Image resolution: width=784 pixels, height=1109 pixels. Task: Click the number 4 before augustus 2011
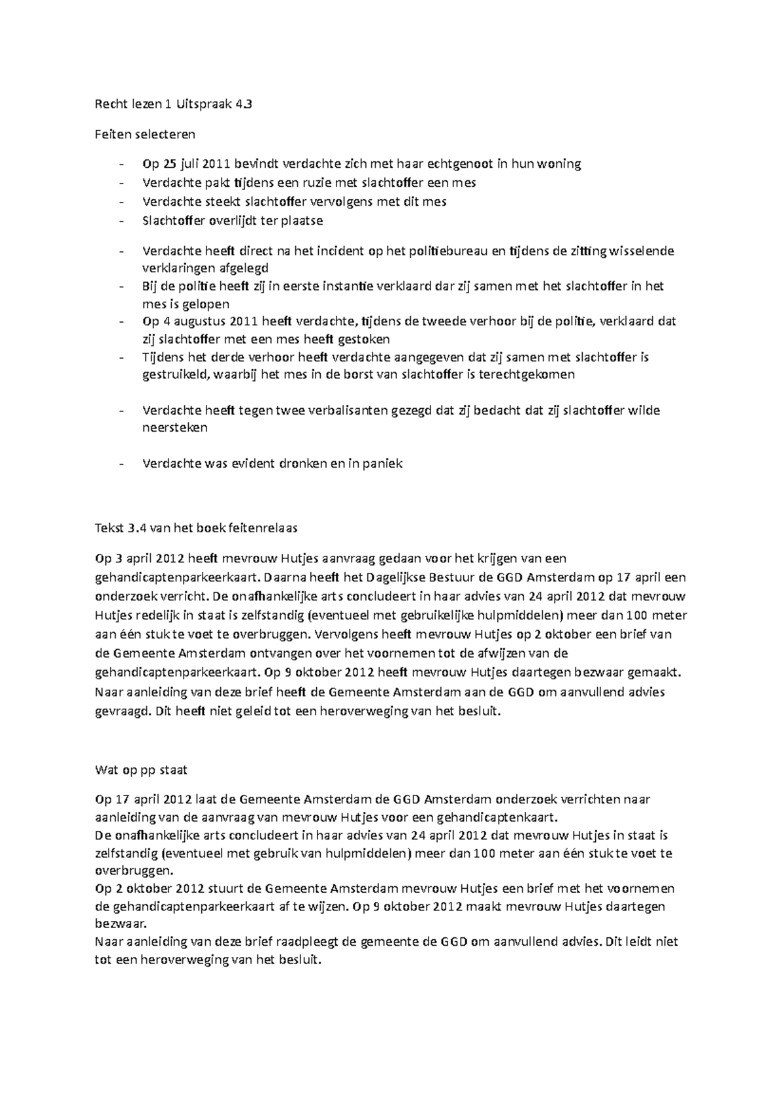[165, 321]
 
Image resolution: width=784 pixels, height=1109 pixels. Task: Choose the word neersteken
[174, 428]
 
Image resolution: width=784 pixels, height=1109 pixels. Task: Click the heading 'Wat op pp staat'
[141, 770]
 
